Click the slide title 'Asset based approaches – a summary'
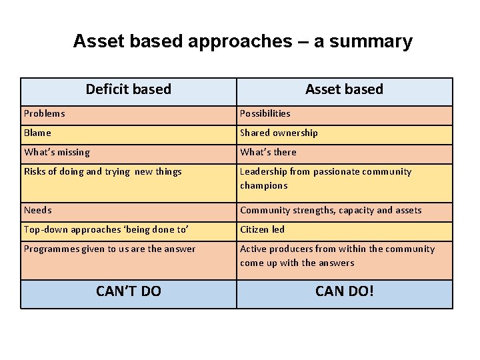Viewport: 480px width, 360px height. (243, 41)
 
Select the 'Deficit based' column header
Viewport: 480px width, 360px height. (129, 89)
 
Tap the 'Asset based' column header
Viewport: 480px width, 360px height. (344, 89)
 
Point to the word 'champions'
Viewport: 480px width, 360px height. (264, 185)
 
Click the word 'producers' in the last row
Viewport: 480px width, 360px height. (293, 249)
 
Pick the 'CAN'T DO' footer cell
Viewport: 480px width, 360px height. (129, 291)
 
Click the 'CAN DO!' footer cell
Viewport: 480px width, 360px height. (344, 291)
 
